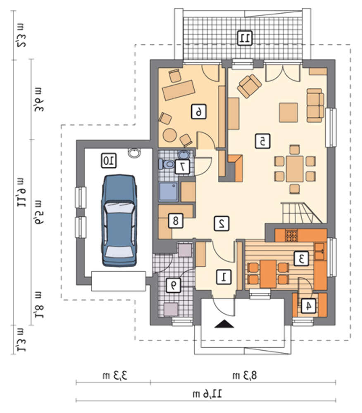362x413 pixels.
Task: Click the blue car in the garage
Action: tap(119, 221)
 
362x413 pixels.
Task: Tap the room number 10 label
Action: tap(109, 161)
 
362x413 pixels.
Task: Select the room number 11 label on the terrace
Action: tap(245, 38)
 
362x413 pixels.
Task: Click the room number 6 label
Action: tap(199, 112)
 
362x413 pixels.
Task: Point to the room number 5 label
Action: tap(262, 141)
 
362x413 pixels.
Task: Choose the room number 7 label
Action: tap(182, 166)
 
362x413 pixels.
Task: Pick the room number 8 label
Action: tap(176, 221)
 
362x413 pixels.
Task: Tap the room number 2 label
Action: tap(221, 223)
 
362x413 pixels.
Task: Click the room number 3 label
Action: tap(301, 259)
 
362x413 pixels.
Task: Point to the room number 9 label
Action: tap(174, 285)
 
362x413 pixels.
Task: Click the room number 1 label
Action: tap(224, 277)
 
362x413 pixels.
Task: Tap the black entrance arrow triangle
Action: tap(224, 324)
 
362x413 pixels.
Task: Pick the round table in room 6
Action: tap(169, 135)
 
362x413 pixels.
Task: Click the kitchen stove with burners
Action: tap(291, 235)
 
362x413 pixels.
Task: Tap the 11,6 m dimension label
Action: tap(207, 394)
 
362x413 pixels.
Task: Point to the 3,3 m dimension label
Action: tap(115, 375)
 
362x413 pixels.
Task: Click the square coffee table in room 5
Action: tap(288, 112)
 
